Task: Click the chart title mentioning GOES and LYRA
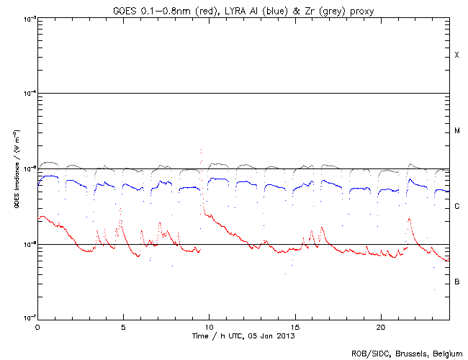click(x=243, y=9)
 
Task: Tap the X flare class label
click(x=456, y=55)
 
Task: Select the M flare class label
click(x=456, y=131)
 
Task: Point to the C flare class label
click(x=456, y=207)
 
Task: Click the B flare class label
click(x=456, y=282)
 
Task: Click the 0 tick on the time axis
click(x=37, y=326)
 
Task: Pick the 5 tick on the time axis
click(x=123, y=326)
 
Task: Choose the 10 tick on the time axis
click(x=209, y=326)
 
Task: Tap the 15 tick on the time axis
click(x=294, y=326)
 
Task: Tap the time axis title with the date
click(x=243, y=336)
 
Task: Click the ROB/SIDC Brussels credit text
click(x=407, y=353)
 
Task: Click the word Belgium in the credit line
click(x=446, y=353)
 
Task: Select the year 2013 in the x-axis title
click(x=286, y=336)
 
